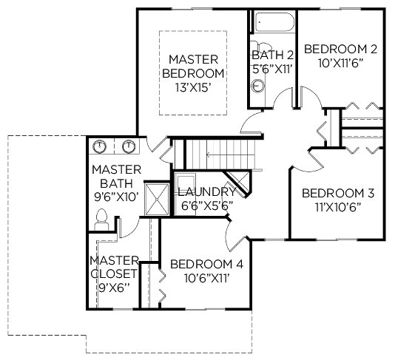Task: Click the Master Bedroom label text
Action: pos(193,67)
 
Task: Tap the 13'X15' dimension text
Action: pos(193,88)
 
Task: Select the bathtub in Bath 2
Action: pos(274,22)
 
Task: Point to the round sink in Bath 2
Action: pos(257,86)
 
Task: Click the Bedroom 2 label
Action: pos(340,49)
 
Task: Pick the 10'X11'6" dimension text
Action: pos(340,63)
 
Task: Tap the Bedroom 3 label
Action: pos(338,193)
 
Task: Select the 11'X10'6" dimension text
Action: pos(338,207)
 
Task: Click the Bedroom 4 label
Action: pos(207,265)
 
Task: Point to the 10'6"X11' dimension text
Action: pos(207,279)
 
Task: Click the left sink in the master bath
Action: pos(100,146)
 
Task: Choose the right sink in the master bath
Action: pos(129,146)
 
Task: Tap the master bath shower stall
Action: pos(157,200)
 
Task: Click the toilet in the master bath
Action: pos(102,220)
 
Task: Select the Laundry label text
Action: pos(206,192)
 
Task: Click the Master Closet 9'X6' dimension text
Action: pos(114,288)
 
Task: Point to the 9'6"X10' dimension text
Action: pos(116,197)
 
